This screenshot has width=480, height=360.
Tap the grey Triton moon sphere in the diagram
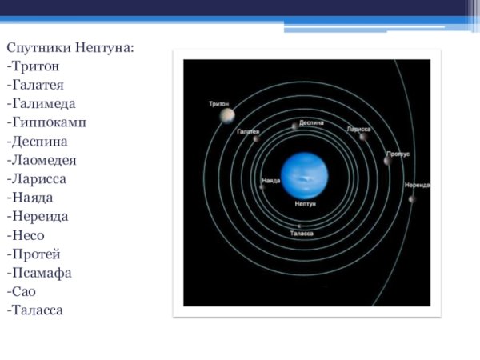(228, 116)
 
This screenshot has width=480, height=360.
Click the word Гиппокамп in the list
(47, 122)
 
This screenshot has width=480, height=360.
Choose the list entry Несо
(27, 235)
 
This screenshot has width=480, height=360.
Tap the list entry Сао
(24, 291)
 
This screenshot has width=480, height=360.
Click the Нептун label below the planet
(305, 205)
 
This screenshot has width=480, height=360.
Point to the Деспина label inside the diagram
(311, 125)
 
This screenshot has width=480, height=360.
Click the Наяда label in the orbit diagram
(271, 180)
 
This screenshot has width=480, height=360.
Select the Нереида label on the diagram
(417, 185)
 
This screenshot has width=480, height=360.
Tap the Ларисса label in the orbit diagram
(358, 128)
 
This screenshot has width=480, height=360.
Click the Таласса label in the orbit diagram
(302, 233)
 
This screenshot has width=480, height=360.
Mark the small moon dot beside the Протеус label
(387, 160)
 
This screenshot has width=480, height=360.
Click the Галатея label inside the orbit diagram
(248, 130)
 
